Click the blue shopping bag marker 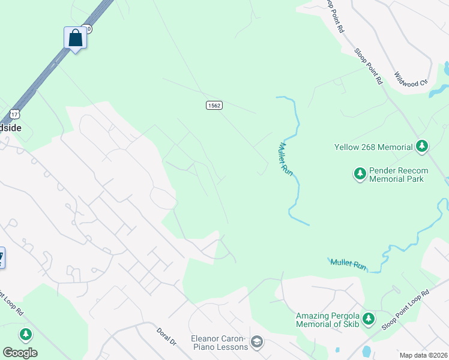(x=75, y=38)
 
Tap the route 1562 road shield (x=214, y=105)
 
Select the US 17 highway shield (x=14, y=113)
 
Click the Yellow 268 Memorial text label (x=373, y=146)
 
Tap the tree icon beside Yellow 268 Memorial (x=422, y=146)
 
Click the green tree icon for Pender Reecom (x=360, y=174)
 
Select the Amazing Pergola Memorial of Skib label (x=327, y=320)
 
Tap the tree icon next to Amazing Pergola (x=368, y=319)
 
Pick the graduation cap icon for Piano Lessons (x=257, y=342)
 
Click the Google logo (x=20, y=353)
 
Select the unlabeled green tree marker (x=25, y=334)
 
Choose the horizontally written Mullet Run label (x=349, y=263)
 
